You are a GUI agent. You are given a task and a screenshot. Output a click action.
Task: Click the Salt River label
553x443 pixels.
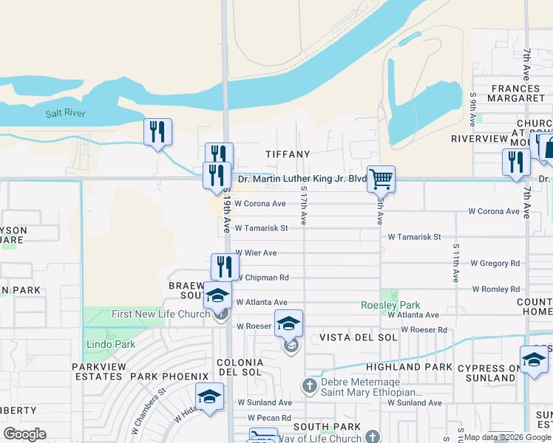click(65, 113)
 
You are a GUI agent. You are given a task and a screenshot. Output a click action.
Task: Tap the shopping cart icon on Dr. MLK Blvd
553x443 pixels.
click(381, 178)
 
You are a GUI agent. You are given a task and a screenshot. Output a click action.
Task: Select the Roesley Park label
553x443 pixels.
click(390, 305)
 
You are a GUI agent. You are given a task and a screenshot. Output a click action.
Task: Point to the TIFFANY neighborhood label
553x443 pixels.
click(288, 154)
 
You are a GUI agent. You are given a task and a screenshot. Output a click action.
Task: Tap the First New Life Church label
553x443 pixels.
click(161, 315)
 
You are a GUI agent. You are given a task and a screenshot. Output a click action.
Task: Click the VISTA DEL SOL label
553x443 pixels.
click(359, 337)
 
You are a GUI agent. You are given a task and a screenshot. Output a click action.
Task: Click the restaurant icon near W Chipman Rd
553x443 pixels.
click(225, 267)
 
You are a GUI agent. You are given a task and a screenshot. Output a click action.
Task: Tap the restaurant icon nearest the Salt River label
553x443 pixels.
click(157, 131)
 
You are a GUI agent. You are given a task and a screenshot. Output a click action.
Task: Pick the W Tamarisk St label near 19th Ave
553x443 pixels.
click(261, 228)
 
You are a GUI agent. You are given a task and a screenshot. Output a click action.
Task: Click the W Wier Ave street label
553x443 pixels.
click(256, 253)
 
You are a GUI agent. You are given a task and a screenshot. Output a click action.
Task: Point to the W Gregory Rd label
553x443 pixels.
click(495, 263)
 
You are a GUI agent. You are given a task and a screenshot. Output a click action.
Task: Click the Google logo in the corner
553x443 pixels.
click(24, 433)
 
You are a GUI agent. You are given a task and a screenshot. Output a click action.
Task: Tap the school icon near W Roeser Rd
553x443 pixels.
click(288, 323)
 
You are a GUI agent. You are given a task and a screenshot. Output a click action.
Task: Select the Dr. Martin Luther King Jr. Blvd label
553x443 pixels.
click(302, 179)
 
